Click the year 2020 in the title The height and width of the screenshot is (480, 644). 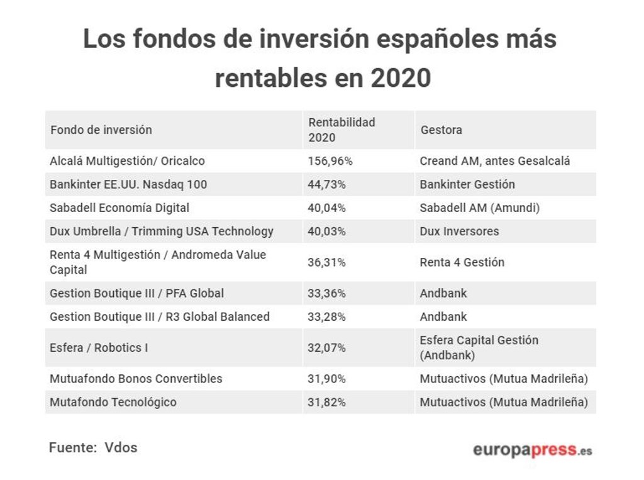pos(401,78)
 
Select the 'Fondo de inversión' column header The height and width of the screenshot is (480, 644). pos(101,130)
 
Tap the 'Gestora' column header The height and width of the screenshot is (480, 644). pos(441,130)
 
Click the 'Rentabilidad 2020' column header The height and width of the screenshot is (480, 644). pos(341,130)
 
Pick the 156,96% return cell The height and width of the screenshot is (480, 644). pos(330,161)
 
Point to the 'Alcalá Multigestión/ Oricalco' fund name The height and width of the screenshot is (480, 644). pos(127,161)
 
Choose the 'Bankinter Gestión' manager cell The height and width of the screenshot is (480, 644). pos(467,184)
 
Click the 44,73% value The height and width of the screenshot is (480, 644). pos(326,184)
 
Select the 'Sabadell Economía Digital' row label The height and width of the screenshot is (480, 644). pos(119,208)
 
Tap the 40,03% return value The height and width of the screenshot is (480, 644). pos(326,231)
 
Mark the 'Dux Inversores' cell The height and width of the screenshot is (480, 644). pos(459,231)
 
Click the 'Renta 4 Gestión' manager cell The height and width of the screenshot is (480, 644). pos(462,262)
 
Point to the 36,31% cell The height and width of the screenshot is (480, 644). pos(326,262)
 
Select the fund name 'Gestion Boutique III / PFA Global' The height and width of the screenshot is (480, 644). pos(136,293)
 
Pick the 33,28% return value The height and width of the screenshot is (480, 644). pos(326,316)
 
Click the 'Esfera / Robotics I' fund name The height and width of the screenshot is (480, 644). pos(99,347)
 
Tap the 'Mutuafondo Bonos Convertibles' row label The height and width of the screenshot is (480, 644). pos(136,379)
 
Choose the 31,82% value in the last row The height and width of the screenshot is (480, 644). pos(326,402)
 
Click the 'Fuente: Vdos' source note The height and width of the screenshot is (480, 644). pos(93,448)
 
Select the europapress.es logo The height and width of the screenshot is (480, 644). pos(532,450)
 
